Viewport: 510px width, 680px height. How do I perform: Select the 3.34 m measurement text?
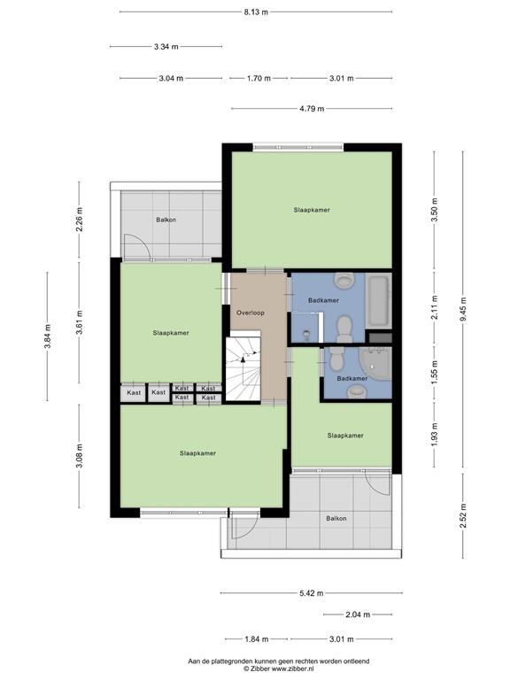(166, 46)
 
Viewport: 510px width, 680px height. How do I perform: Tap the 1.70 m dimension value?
(259, 78)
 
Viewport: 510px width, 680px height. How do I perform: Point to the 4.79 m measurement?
(311, 109)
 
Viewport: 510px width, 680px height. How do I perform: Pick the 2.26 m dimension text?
(79, 218)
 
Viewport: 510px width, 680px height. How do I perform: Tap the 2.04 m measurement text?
(358, 614)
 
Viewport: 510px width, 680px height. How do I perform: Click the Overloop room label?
(250, 313)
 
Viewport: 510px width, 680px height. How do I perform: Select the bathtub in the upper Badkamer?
(378, 301)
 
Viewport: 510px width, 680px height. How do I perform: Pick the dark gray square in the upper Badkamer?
(379, 336)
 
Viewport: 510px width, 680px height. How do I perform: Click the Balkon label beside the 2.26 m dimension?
(165, 220)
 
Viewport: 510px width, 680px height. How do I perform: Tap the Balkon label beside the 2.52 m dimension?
(336, 519)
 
